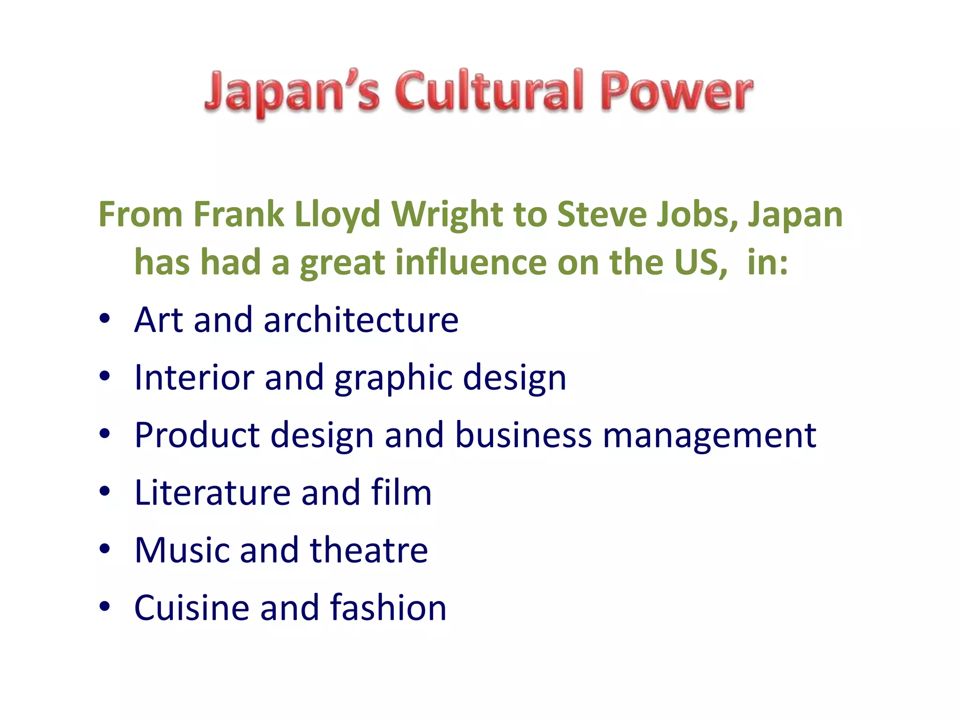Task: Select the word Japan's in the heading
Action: pos(292,91)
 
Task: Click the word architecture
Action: pos(361,320)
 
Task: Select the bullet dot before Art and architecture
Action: pos(104,319)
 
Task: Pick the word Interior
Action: pos(193,377)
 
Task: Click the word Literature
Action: pos(212,493)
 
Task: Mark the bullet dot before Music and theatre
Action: pos(104,549)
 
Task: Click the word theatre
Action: pos(369,550)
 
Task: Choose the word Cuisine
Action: pos(191,607)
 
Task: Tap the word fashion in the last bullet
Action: pos(388,607)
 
